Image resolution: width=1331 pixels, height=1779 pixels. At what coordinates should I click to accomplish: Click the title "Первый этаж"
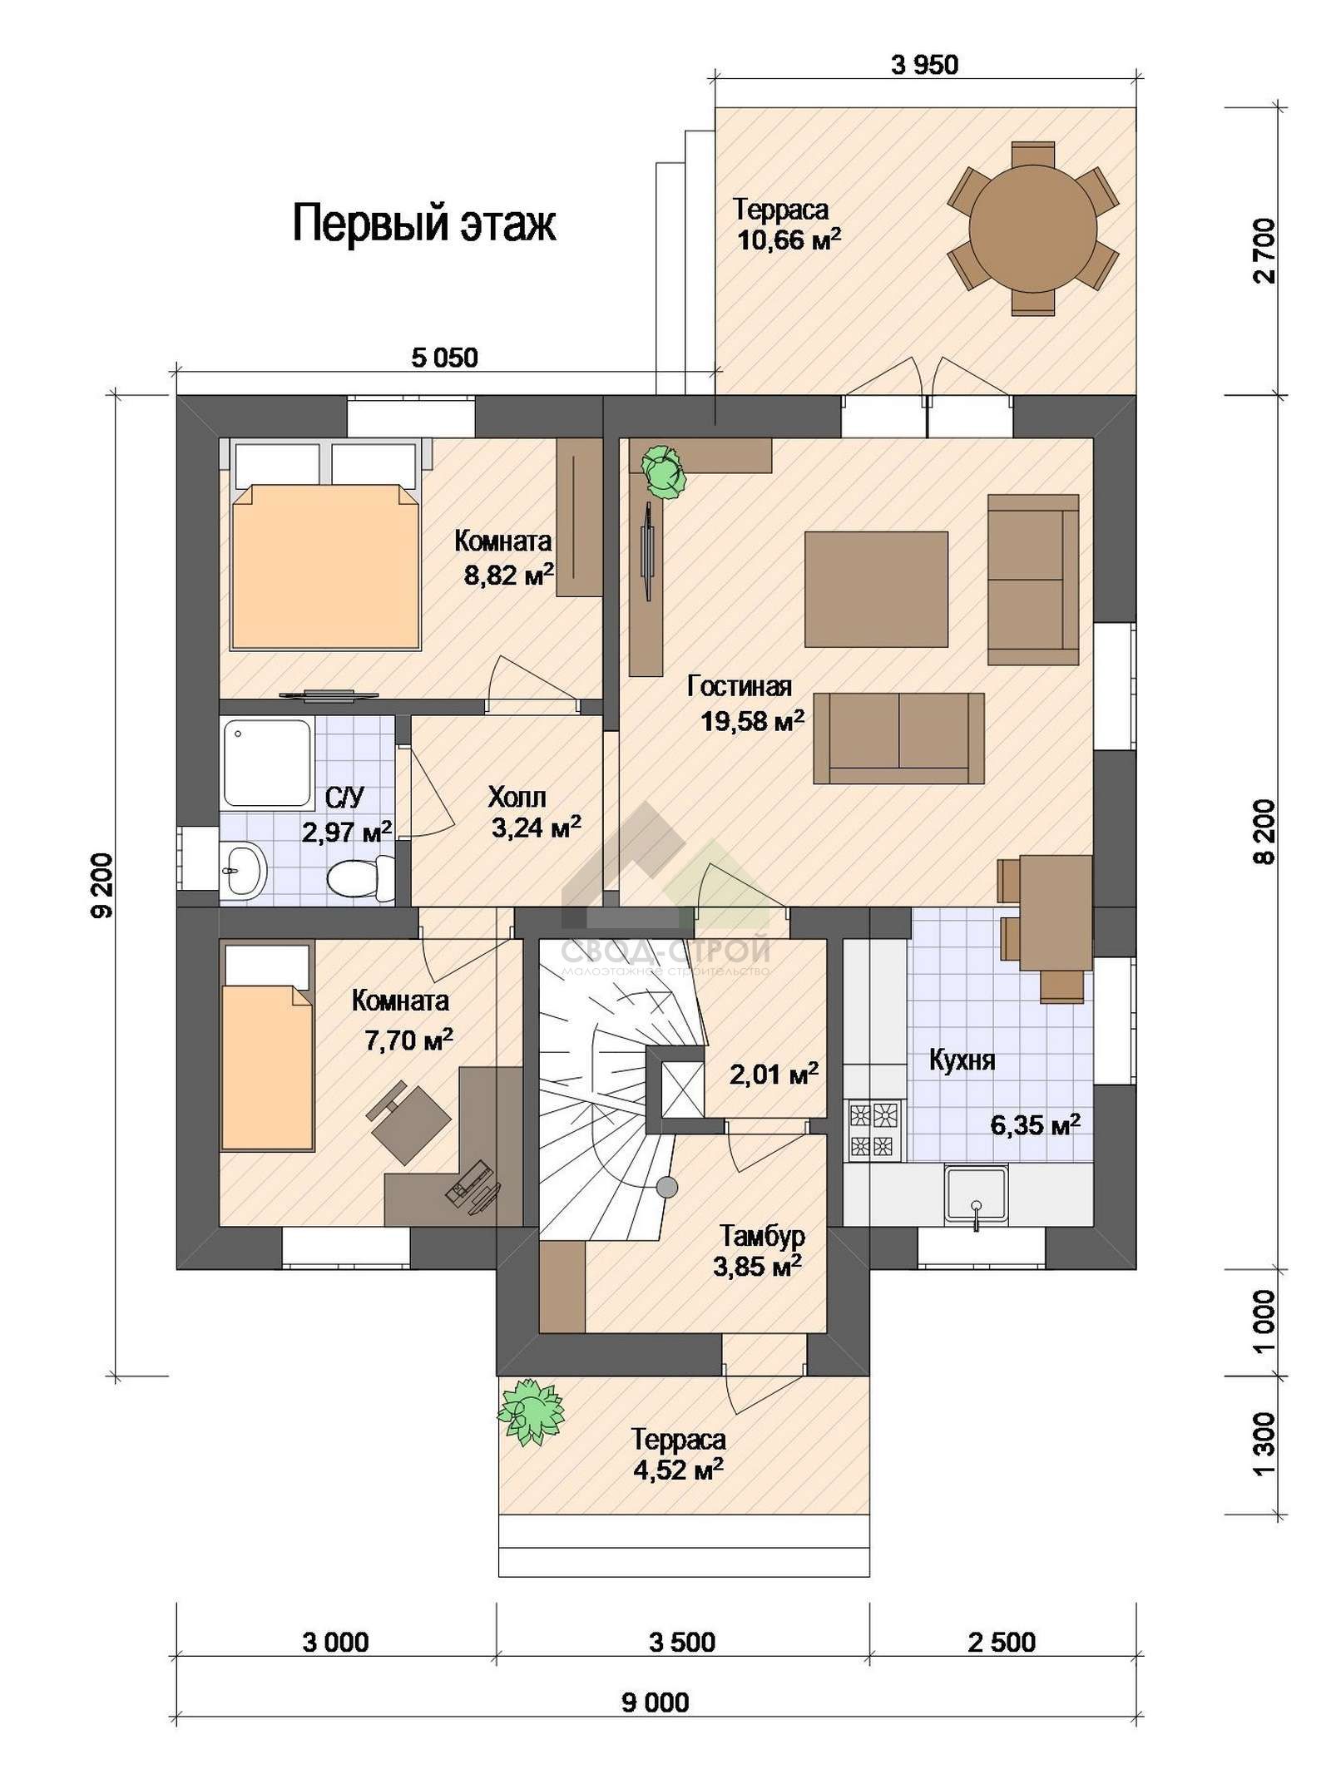click(x=423, y=224)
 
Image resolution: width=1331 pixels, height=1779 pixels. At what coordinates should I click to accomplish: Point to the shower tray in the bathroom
click(x=267, y=763)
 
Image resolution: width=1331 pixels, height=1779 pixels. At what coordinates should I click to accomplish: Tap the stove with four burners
click(x=875, y=1129)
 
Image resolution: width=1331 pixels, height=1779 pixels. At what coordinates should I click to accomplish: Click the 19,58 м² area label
click(x=752, y=720)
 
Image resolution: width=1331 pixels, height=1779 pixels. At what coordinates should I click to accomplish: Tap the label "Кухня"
click(x=962, y=1060)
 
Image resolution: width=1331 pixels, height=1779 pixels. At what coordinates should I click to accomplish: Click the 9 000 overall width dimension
click(x=655, y=1702)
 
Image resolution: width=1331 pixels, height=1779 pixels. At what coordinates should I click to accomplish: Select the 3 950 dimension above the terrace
click(x=924, y=64)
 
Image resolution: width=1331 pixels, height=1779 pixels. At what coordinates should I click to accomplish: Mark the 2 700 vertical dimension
click(x=1264, y=250)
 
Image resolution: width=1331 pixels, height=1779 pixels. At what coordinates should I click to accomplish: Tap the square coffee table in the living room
click(x=876, y=589)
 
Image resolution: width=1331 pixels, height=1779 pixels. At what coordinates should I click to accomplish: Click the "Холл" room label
click(x=517, y=798)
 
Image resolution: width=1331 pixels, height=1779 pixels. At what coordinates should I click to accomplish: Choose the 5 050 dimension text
click(x=445, y=358)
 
